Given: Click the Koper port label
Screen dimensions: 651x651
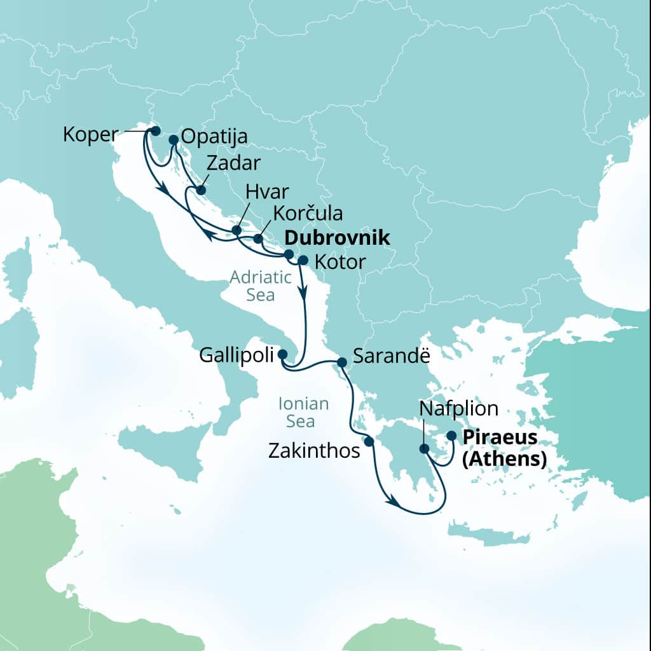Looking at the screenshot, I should pyautogui.click(x=90, y=134).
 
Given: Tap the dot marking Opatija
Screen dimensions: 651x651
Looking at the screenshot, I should pyautogui.click(x=173, y=139).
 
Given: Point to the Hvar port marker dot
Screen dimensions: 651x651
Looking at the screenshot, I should pyautogui.click(x=236, y=230).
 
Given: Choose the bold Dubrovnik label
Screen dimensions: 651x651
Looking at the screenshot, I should pyautogui.click(x=336, y=238).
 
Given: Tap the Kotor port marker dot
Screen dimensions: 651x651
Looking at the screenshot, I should pyautogui.click(x=303, y=260).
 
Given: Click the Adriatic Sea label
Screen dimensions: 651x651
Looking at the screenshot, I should pyautogui.click(x=261, y=286).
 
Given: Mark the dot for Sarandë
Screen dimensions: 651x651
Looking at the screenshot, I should pyautogui.click(x=341, y=362).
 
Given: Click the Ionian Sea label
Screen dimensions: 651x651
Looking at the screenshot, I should pyautogui.click(x=304, y=412).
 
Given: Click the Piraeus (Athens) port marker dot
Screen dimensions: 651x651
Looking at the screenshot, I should pyautogui.click(x=451, y=436).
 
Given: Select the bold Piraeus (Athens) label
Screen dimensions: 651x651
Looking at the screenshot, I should pyautogui.click(x=504, y=448).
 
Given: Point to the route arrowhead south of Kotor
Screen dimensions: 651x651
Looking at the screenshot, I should pyautogui.click(x=305, y=294).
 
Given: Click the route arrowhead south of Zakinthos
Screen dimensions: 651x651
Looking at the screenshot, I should pyautogui.click(x=394, y=503).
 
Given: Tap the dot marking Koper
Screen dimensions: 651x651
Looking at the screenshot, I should pyautogui.click(x=154, y=131).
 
